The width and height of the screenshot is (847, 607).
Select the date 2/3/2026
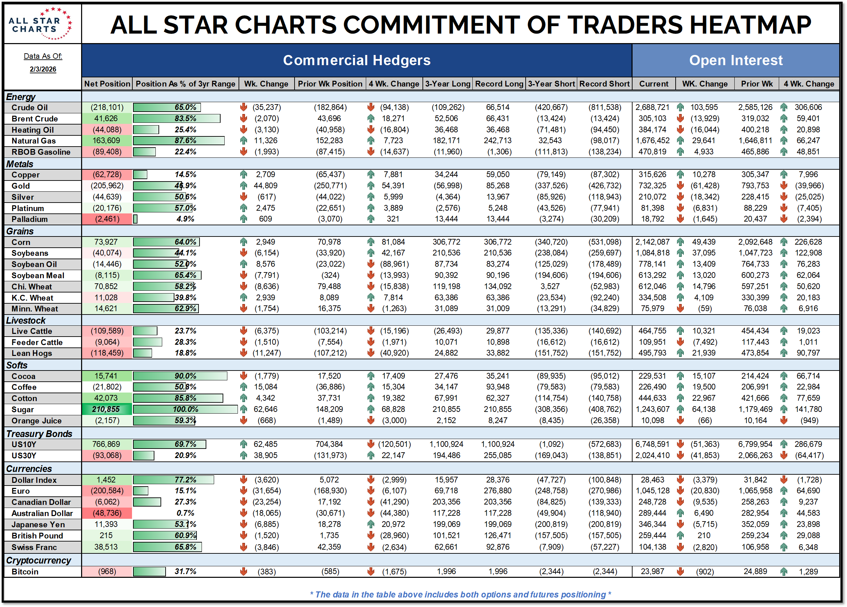tap(43, 70)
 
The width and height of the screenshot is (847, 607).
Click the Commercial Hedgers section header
tap(357, 60)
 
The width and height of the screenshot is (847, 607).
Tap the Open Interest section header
tap(735, 60)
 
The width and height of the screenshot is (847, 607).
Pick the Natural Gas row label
tap(34, 141)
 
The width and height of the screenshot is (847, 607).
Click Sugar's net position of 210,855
tap(106, 410)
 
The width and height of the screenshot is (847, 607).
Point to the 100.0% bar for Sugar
tap(185, 410)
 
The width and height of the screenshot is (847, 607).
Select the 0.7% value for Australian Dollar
tap(185, 513)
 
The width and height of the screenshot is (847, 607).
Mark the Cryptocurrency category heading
tap(38, 560)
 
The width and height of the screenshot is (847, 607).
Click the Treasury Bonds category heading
tap(39, 434)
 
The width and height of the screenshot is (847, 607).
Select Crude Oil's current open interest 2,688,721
tap(653, 108)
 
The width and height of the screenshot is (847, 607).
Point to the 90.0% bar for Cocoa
tap(180, 376)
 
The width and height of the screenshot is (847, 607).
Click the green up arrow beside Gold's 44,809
tap(244, 186)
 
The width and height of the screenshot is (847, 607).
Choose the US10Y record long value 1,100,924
tap(497, 444)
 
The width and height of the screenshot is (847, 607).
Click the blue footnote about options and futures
tap(460, 594)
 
